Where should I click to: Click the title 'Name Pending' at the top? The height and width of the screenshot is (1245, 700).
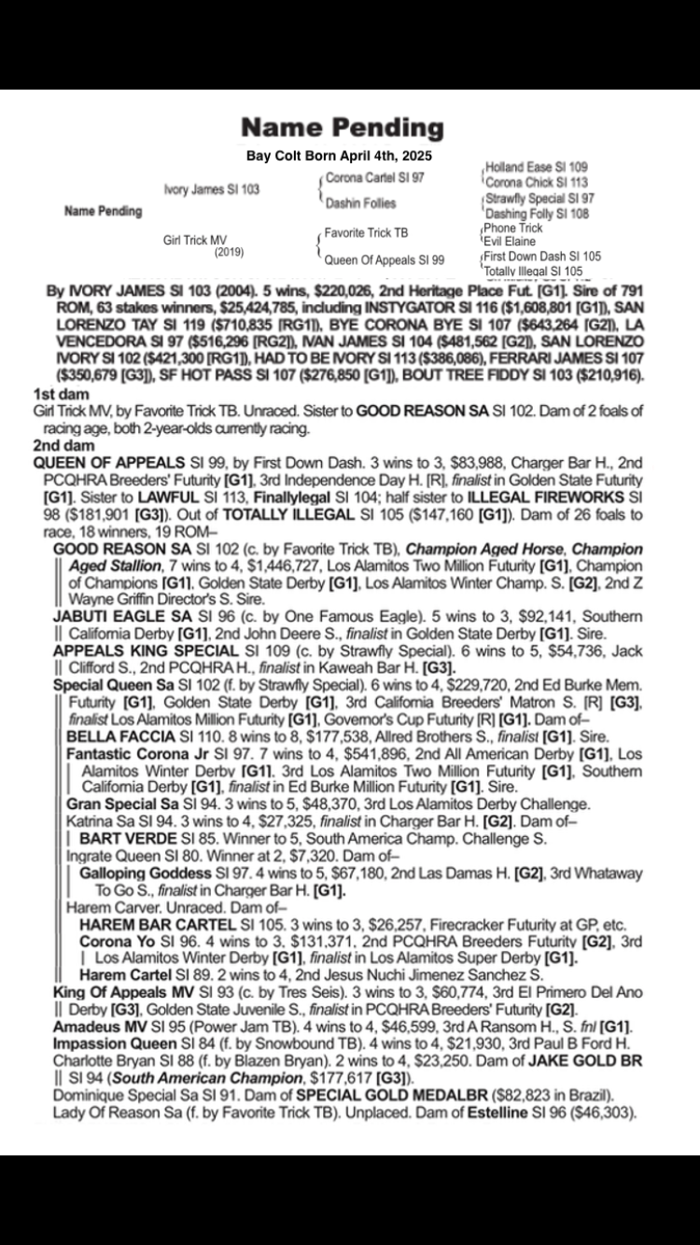342,128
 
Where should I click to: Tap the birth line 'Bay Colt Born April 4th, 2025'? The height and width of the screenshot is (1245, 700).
339,155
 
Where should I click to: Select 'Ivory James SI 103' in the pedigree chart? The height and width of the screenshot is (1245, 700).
212,189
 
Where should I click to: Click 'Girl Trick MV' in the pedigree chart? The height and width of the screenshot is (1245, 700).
195,240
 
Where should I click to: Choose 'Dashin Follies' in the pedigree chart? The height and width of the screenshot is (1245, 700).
360,203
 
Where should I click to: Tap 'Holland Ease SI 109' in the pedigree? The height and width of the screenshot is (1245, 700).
536,167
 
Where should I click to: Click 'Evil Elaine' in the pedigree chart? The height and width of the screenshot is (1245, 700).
510,242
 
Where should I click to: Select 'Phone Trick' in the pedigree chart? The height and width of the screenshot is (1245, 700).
513,229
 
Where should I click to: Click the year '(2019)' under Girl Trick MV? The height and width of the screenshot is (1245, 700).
230,252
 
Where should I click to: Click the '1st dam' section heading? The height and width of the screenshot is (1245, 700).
53,395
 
